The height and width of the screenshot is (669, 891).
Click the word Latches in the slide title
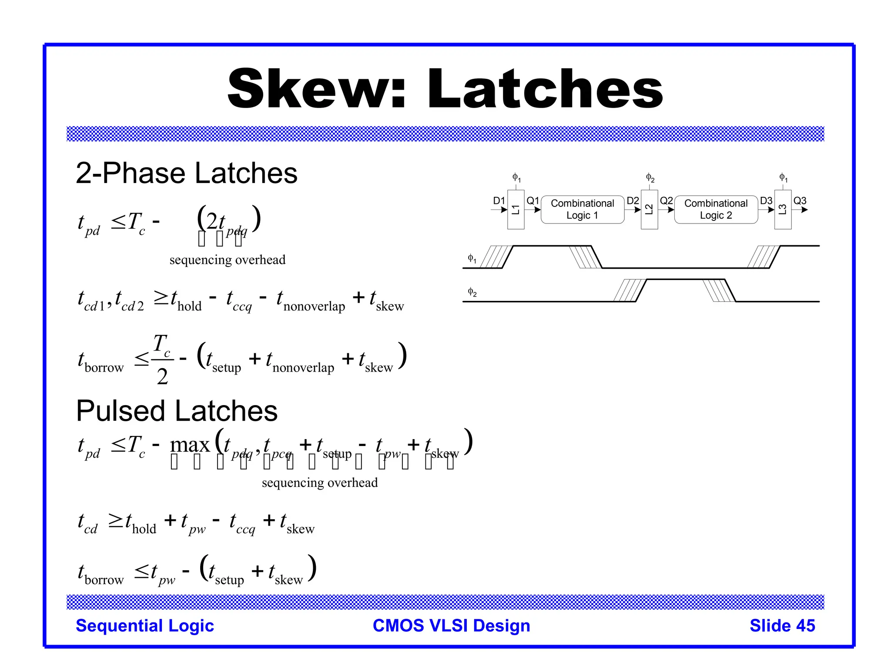coord(545,89)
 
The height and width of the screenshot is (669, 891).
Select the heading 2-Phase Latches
coord(186,173)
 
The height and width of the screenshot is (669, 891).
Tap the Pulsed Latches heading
coord(177,411)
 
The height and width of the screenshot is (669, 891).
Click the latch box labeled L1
coord(516,209)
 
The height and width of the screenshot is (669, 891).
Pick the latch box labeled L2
coord(649,209)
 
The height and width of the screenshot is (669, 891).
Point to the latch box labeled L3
coord(783,209)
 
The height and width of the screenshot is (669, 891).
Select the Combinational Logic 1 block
coord(583,209)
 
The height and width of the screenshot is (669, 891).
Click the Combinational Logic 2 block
coord(716,209)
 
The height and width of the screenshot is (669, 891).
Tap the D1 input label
coord(499,201)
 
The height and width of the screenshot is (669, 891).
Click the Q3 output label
coord(800,201)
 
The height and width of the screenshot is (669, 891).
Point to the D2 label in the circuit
coord(633,201)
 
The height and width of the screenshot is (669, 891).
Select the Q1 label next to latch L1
coord(533,201)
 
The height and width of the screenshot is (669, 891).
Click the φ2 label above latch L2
coord(650,178)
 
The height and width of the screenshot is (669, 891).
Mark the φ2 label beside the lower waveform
coord(472,292)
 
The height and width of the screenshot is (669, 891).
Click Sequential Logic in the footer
coord(145,626)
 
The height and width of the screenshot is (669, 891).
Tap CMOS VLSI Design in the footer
coord(451,626)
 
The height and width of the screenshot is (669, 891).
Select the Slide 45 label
coord(782,626)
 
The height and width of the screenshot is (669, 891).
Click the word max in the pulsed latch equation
coord(190,445)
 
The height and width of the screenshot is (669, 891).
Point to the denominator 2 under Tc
coord(162,377)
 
